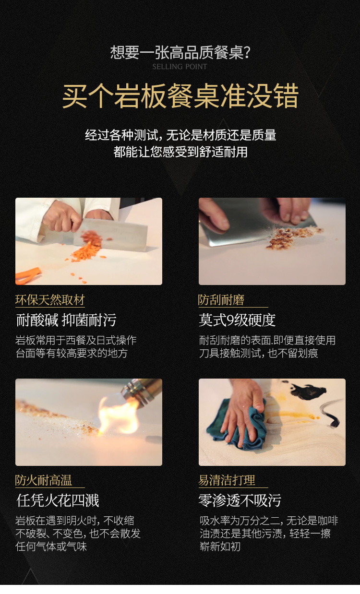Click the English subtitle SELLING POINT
(180, 67)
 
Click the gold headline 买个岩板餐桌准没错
(180, 96)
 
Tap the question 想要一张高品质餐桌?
(180, 52)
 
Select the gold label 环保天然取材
(50, 300)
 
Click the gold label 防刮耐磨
(221, 300)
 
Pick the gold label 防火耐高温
(44, 480)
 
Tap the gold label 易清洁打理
(227, 480)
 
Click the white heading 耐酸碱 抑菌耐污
(66, 320)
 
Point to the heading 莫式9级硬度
(237, 320)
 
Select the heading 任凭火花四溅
(58, 500)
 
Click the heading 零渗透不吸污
(240, 500)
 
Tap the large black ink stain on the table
(308, 391)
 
